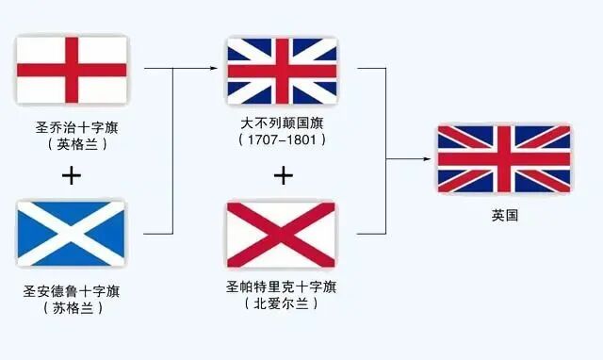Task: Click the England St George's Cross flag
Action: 72,70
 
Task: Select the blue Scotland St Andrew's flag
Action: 72,234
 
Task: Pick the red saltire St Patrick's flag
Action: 282,234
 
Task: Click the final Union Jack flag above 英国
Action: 504,158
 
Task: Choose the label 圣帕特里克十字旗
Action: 282,286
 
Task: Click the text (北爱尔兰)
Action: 282,303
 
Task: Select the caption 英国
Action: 504,216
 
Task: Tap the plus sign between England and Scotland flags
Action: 71,175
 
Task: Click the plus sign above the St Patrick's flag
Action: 282,174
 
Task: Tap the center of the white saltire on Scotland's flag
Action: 72,234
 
